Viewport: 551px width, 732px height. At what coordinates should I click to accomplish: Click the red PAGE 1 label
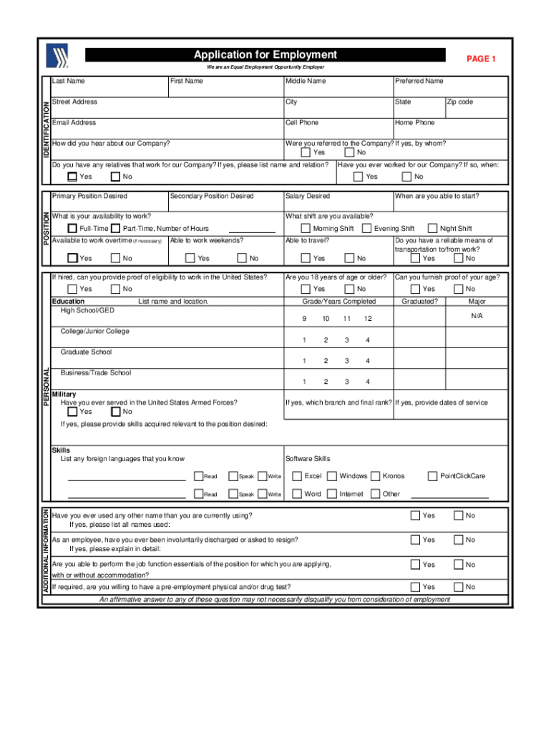[481, 59]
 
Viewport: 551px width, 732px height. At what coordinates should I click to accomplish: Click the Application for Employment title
[265, 55]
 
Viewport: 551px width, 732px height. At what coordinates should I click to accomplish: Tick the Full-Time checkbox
[72, 229]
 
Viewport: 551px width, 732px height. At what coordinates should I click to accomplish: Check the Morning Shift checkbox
[306, 229]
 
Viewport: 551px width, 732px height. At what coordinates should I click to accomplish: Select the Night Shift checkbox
[431, 229]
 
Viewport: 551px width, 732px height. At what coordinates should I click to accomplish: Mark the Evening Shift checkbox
[366, 229]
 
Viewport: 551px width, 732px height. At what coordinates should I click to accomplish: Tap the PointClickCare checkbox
[432, 476]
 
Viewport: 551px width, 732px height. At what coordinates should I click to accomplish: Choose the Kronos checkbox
[376, 476]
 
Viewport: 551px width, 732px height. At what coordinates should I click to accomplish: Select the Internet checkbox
[331, 494]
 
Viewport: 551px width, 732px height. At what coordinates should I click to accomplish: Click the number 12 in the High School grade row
[367, 318]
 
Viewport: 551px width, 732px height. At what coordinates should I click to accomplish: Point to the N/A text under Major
[477, 316]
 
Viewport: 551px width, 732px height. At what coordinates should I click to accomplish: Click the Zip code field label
[460, 102]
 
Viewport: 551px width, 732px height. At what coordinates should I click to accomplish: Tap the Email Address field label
[74, 123]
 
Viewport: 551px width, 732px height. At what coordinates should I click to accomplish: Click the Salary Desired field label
[308, 196]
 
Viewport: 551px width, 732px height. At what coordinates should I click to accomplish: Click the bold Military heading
[64, 395]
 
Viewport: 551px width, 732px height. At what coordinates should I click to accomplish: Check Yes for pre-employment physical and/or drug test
[415, 588]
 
